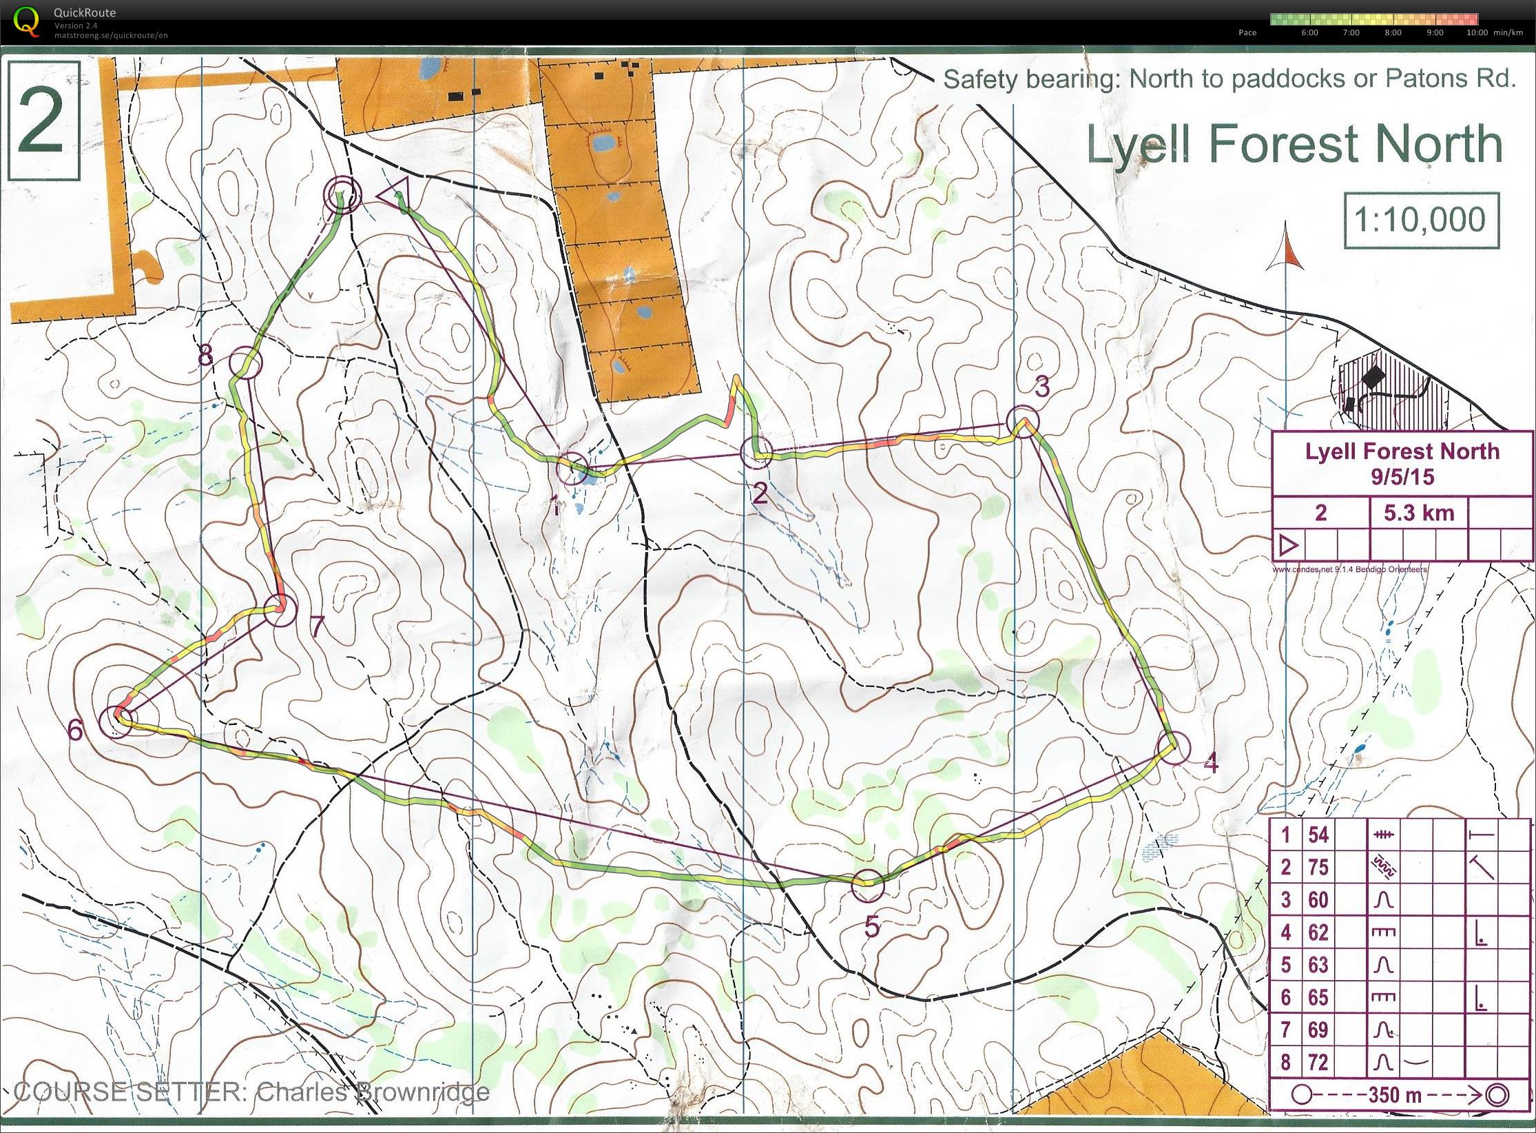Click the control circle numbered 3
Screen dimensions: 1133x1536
[x=1021, y=421]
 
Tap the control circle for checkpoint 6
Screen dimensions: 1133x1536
[x=115, y=722]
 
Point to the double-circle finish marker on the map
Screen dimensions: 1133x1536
[x=343, y=193]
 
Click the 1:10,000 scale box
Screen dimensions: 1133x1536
[x=1421, y=220]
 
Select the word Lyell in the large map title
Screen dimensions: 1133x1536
[x=1138, y=144]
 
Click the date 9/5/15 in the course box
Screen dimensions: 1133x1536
[x=1402, y=477]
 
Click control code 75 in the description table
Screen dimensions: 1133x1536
[x=1318, y=867]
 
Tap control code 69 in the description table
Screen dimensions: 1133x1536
[x=1318, y=1030]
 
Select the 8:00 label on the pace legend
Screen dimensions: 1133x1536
[x=1393, y=32]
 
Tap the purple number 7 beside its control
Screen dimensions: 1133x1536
[x=316, y=626]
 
